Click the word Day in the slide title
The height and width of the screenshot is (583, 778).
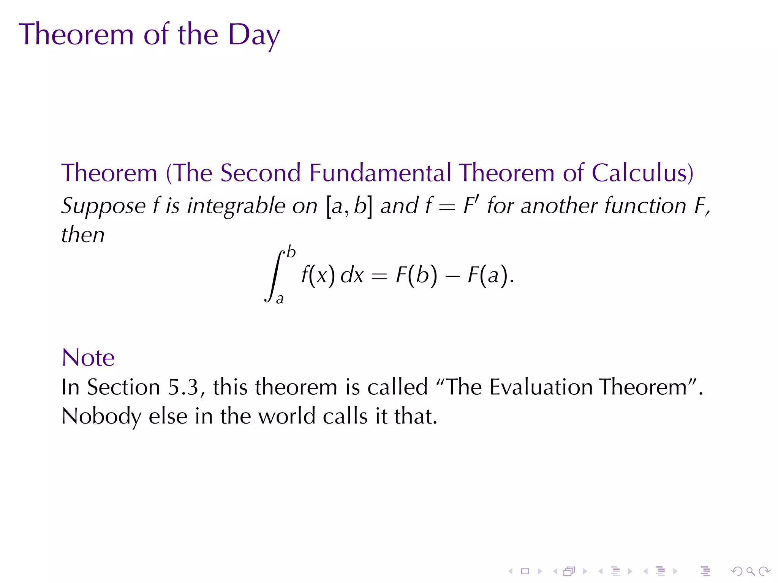(x=254, y=35)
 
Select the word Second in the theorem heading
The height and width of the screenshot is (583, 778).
(x=260, y=173)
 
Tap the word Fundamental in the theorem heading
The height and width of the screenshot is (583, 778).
(x=380, y=173)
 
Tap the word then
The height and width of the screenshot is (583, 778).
(x=83, y=235)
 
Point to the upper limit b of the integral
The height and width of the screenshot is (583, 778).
(x=291, y=252)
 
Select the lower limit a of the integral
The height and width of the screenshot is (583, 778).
(x=280, y=299)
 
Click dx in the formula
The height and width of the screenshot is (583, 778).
(x=352, y=275)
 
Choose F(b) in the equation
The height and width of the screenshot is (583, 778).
(x=416, y=275)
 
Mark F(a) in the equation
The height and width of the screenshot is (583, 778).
(x=488, y=275)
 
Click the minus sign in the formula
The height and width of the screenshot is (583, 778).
(x=452, y=276)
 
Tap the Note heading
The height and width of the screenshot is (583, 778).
(x=88, y=358)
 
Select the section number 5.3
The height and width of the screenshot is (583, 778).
(x=183, y=388)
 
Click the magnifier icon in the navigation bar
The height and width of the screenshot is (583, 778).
(x=750, y=571)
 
